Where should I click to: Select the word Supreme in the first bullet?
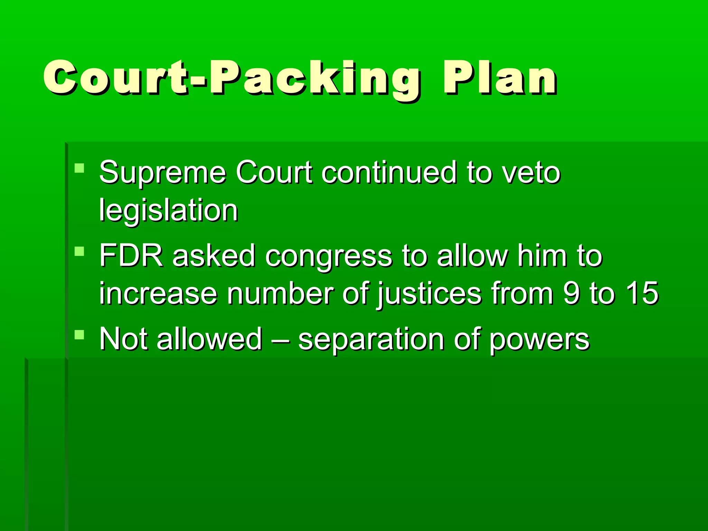[162, 173]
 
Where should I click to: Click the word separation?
[371, 341]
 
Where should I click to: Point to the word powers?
[539, 341]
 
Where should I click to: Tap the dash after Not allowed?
[280, 339]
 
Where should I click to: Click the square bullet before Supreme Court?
[80, 168]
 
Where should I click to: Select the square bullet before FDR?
[80, 251]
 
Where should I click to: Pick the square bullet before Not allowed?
[80, 335]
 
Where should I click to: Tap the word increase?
[158, 294]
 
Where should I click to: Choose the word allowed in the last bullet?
[209, 339]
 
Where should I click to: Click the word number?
[280, 293]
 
